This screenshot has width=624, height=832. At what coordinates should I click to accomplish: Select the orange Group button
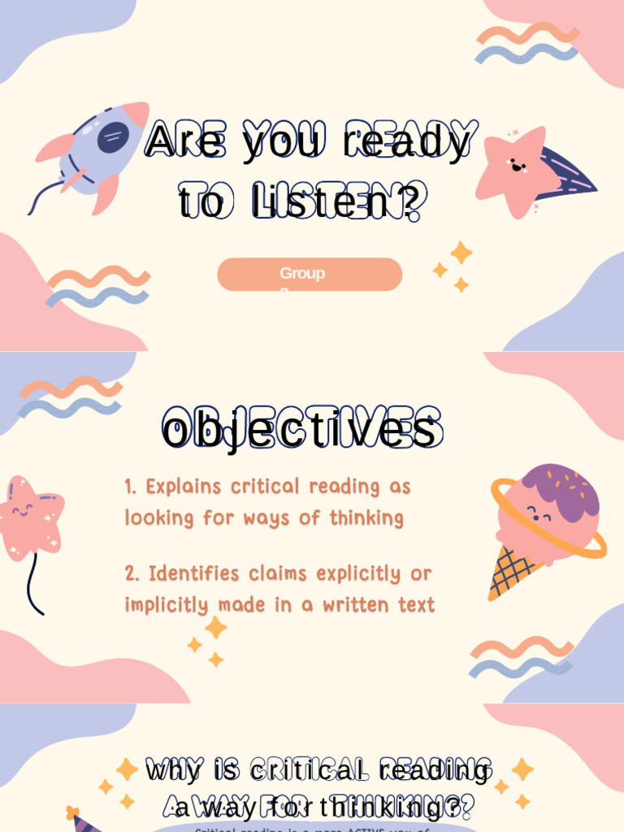310,275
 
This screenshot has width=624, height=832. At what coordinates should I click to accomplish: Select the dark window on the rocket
113,137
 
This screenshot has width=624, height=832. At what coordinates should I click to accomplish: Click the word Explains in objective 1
184,487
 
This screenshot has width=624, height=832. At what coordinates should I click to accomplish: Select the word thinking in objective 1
366,518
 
